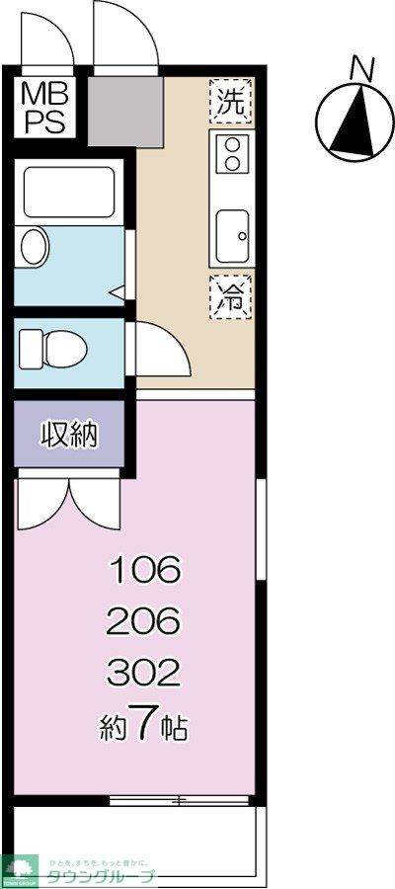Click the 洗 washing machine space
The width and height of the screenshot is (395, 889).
pyautogui.click(x=231, y=100)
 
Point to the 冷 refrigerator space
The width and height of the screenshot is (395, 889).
pyautogui.click(x=231, y=294)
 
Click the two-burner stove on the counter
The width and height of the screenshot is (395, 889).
pyautogui.click(x=231, y=152)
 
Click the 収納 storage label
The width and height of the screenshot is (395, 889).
pyautogui.click(x=68, y=435)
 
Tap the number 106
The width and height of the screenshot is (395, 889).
pyautogui.click(x=144, y=570)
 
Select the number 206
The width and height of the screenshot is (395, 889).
pyautogui.click(x=144, y=622)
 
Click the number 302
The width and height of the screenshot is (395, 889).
pyautogui.click(x=144, y=674)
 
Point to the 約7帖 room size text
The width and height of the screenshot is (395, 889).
pyautogui.click(x=144, y=727)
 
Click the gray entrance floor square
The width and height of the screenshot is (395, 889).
pyautogui.click(x=124, y=111)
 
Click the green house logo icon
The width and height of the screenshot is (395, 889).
pyautogui.click(x=18, y=869)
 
